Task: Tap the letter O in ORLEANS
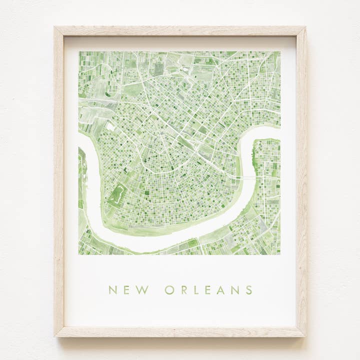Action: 169,290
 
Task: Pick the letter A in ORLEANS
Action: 220,290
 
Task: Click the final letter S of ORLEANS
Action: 248,290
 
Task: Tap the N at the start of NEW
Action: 112,290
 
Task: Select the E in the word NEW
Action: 126,290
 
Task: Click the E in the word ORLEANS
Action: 208,290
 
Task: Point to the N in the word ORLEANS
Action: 235,290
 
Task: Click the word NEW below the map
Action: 127,290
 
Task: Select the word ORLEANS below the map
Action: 208,290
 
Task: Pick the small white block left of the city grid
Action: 110,127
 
